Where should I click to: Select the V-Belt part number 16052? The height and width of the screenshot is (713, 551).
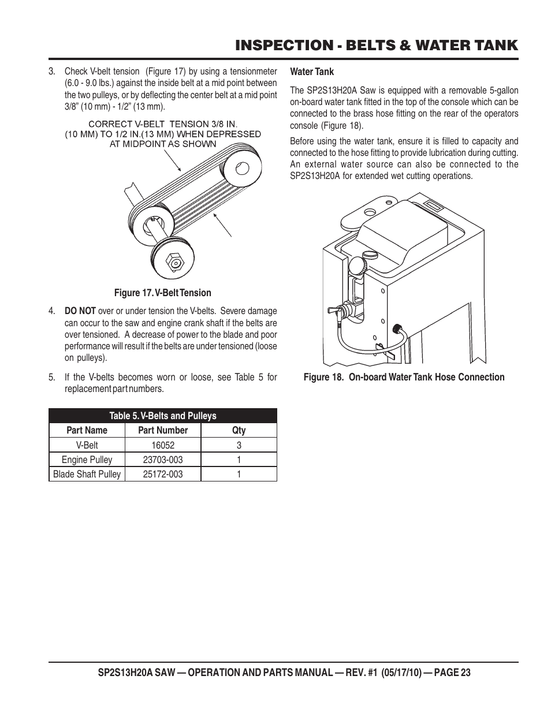163,445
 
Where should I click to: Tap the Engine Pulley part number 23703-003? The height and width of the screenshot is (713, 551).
163,460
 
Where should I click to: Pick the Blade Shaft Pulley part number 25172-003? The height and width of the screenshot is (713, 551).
163,474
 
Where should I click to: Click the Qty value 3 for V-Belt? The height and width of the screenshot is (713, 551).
239,445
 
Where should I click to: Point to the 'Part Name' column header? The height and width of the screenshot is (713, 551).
87,430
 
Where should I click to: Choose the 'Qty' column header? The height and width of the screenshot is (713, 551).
239,430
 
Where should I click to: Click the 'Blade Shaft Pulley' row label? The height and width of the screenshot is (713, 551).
87,474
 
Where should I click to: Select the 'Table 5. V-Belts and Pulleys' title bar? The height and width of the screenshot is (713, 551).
163,416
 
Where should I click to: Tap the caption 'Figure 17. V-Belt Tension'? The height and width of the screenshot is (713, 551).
162,293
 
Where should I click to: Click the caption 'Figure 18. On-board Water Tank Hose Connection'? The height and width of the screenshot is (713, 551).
404,377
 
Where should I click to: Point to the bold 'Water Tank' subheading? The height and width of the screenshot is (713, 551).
312,72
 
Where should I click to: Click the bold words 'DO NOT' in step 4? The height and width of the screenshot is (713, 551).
80,311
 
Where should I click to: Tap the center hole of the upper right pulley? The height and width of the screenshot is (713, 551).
242,169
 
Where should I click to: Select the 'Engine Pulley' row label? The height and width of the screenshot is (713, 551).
87,460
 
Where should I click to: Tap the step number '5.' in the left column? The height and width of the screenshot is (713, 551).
53,377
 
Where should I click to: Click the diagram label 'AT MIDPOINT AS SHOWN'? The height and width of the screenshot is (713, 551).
163,144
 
